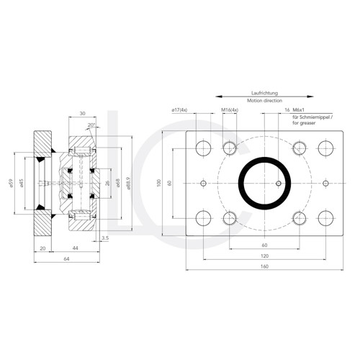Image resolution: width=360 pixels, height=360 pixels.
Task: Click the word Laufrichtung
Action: (264, 94)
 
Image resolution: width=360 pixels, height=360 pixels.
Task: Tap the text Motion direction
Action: (264, 102)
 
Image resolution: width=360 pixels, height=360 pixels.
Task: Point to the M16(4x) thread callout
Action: (230, 110)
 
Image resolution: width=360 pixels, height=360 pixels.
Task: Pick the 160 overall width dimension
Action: (264, 267)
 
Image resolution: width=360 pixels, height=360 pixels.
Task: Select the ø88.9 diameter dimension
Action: (127, 184)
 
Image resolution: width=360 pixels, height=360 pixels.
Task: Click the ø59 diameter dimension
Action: (11, 184)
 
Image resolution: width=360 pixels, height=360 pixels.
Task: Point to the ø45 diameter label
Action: (22, 184)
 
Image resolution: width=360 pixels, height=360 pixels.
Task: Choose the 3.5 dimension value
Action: (105, 237)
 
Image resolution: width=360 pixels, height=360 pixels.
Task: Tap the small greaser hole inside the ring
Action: (278, 183)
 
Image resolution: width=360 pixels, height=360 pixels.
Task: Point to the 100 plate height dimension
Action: (161, 184)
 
